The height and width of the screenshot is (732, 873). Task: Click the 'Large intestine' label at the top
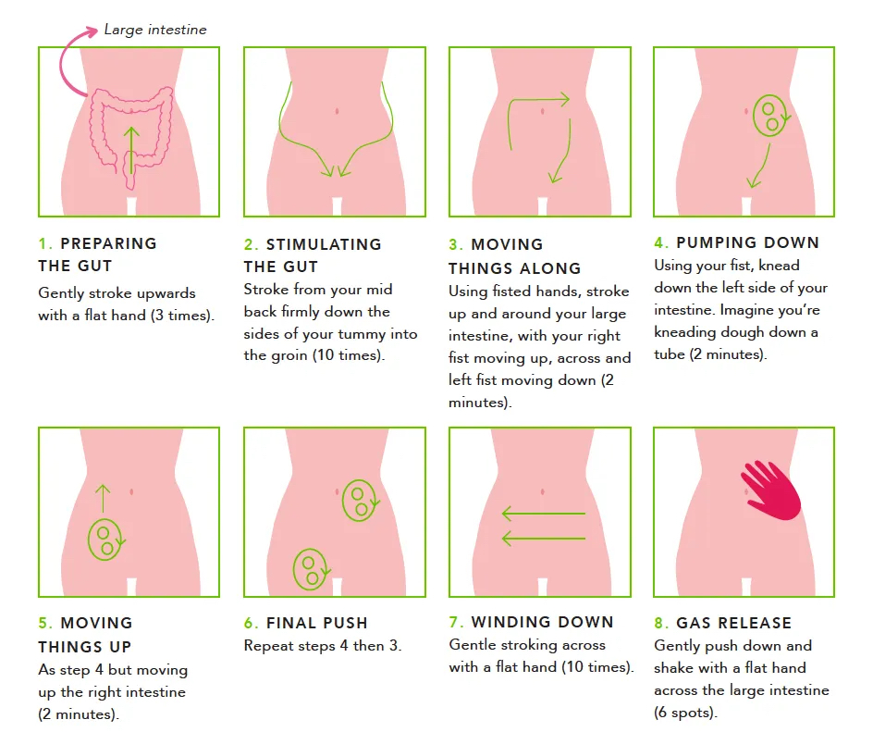point(155,30)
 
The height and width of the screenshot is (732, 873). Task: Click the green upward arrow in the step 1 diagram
point(130,150)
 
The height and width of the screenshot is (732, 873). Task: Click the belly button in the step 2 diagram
point(337,111)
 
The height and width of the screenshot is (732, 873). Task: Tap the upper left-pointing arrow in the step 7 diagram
point(544,513)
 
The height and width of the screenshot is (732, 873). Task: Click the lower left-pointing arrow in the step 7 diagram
point(544,539)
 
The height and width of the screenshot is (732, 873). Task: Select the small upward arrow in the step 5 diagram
point(103,498)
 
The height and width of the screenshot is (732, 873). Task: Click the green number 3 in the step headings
point(454,244)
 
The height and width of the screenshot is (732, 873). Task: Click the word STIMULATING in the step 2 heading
point(324,244)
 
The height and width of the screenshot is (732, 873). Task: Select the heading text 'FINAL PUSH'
point(317,623)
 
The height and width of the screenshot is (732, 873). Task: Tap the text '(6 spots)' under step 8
point(685,713)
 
